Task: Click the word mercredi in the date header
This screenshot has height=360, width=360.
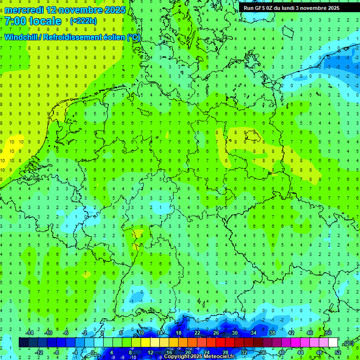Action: coord(24,10)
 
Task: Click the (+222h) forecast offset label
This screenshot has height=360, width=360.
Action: coord(83,21)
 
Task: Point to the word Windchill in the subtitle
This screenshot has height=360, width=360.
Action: coord(22,37)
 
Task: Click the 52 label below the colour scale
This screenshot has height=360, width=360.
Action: coord(338,352)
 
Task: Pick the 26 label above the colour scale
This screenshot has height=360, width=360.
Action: coord(216,333)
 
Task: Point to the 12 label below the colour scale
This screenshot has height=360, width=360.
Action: coord(150,352)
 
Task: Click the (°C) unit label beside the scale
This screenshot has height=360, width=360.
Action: coord(349,343)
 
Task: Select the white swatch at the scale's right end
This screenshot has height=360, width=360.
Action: coord(333,343)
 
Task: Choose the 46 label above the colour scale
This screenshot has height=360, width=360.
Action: coord(310,333)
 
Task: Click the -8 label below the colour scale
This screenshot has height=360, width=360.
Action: coord(57,352)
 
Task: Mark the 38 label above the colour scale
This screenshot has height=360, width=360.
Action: coord(272,333)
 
